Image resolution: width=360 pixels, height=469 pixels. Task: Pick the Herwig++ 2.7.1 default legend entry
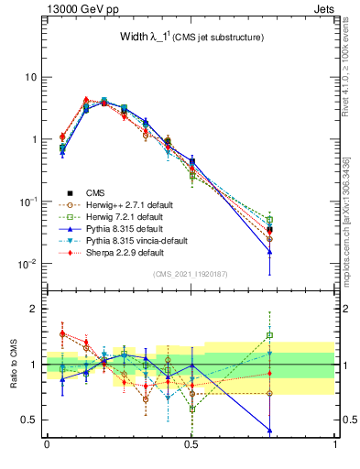click(125, 204)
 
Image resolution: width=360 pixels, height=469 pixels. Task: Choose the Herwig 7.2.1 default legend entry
click(123, 216)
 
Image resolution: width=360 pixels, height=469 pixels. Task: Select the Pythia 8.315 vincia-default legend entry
click(136, 240)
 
